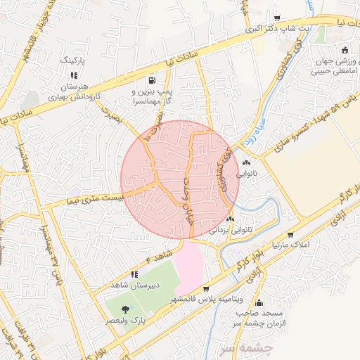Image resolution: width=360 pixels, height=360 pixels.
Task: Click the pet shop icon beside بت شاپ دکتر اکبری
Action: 276,18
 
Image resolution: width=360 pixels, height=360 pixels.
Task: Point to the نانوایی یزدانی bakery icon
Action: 230,219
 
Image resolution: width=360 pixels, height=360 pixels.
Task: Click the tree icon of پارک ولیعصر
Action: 125,309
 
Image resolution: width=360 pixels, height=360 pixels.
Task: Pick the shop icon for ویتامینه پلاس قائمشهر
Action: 205,289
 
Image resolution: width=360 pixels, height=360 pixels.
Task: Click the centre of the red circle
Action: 180,179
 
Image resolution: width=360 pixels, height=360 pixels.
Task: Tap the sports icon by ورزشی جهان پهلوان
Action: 344,50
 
